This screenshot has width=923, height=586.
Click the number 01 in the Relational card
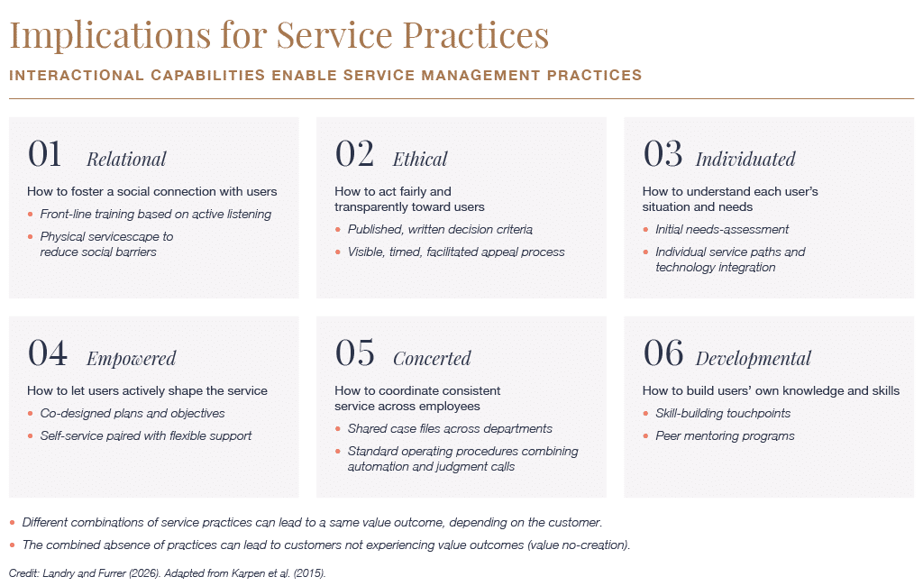(45, 154)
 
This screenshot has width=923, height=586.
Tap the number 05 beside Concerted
(354, 353)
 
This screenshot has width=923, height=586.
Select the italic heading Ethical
(420, 159)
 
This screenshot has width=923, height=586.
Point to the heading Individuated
(745, 159)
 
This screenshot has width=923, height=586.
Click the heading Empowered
(132, 359)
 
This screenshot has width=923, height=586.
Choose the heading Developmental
(753, 359)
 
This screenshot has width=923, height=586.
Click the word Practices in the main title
(476, 34)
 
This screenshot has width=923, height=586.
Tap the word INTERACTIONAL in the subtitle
(77, 76)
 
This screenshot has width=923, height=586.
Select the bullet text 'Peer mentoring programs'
(725, 435)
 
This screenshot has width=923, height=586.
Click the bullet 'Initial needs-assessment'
(722, 229)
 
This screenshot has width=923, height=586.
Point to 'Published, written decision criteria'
(440, 229)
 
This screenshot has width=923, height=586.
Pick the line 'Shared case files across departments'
(450, 429)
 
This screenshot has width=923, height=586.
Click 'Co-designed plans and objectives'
(133, 414)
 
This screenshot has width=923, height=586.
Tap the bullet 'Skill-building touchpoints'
(723, 414)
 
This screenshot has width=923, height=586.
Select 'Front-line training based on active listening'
(155, 214)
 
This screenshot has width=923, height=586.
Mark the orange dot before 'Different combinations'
(13, 522)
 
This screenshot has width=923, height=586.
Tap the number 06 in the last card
(663, 353)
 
